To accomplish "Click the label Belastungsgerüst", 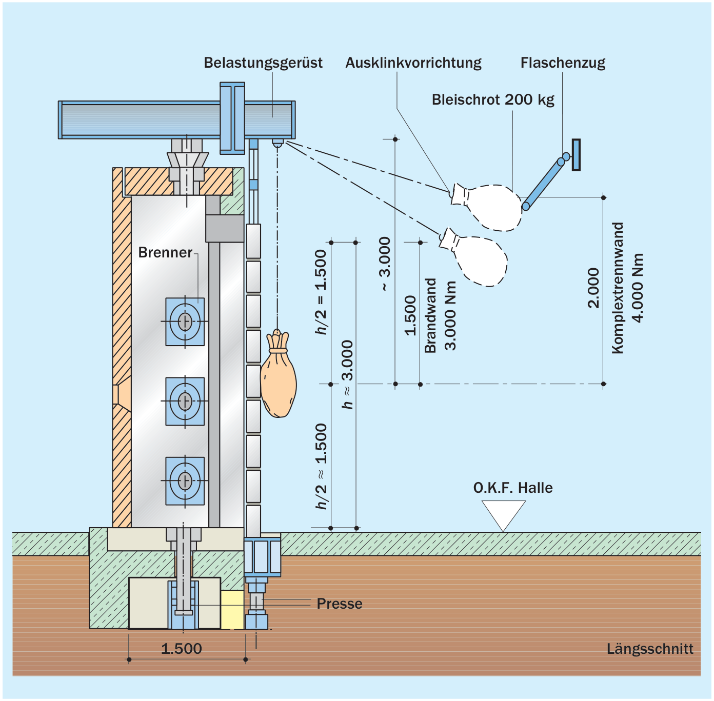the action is click(263, 63).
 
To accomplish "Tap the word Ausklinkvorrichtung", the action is click(413, 63).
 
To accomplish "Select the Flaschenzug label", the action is click(563, 63).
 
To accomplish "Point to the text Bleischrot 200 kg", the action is click(493, 99).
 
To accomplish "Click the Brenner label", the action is click(165, 252).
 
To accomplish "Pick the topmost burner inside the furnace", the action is click(185, 322).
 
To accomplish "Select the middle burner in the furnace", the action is click(185, 401).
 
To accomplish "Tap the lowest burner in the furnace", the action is click(185, 481).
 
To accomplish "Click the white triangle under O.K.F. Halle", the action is click(503, 515).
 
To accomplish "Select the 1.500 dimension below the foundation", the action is click(182, 648).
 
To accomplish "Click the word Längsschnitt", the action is click(650, 649).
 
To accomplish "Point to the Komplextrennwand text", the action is click(618, 288).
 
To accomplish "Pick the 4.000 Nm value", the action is click(638, 288).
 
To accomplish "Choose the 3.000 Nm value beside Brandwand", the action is click(450, 315).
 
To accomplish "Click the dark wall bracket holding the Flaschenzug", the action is click(576, 155).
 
